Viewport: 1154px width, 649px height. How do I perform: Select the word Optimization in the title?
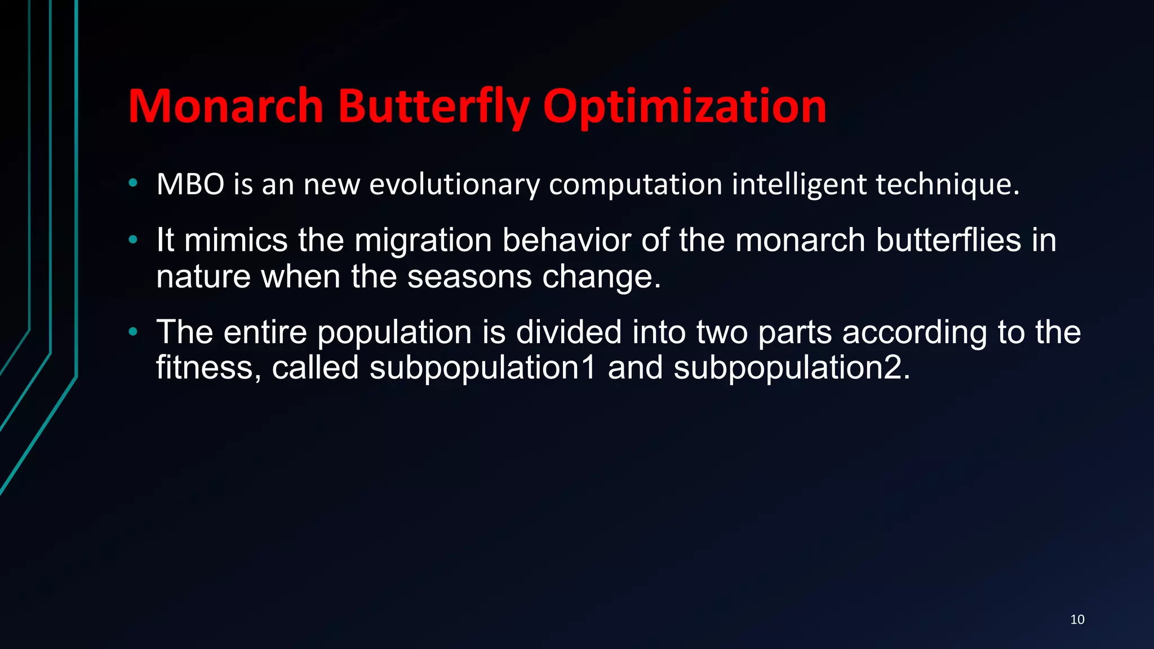685,107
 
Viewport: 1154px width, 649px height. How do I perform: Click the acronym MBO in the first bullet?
190,184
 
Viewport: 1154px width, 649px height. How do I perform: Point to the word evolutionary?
454,185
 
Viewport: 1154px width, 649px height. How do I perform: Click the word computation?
636,185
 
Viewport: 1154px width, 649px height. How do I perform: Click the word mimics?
236,240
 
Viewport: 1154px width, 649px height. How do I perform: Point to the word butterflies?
948,240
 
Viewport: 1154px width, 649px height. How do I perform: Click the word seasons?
469,277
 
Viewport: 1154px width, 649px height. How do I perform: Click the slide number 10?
1077,620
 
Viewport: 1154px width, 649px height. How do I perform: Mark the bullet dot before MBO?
133,183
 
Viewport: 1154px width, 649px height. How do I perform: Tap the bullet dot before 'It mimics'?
133,240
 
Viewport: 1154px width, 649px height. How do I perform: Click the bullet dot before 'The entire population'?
133,332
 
